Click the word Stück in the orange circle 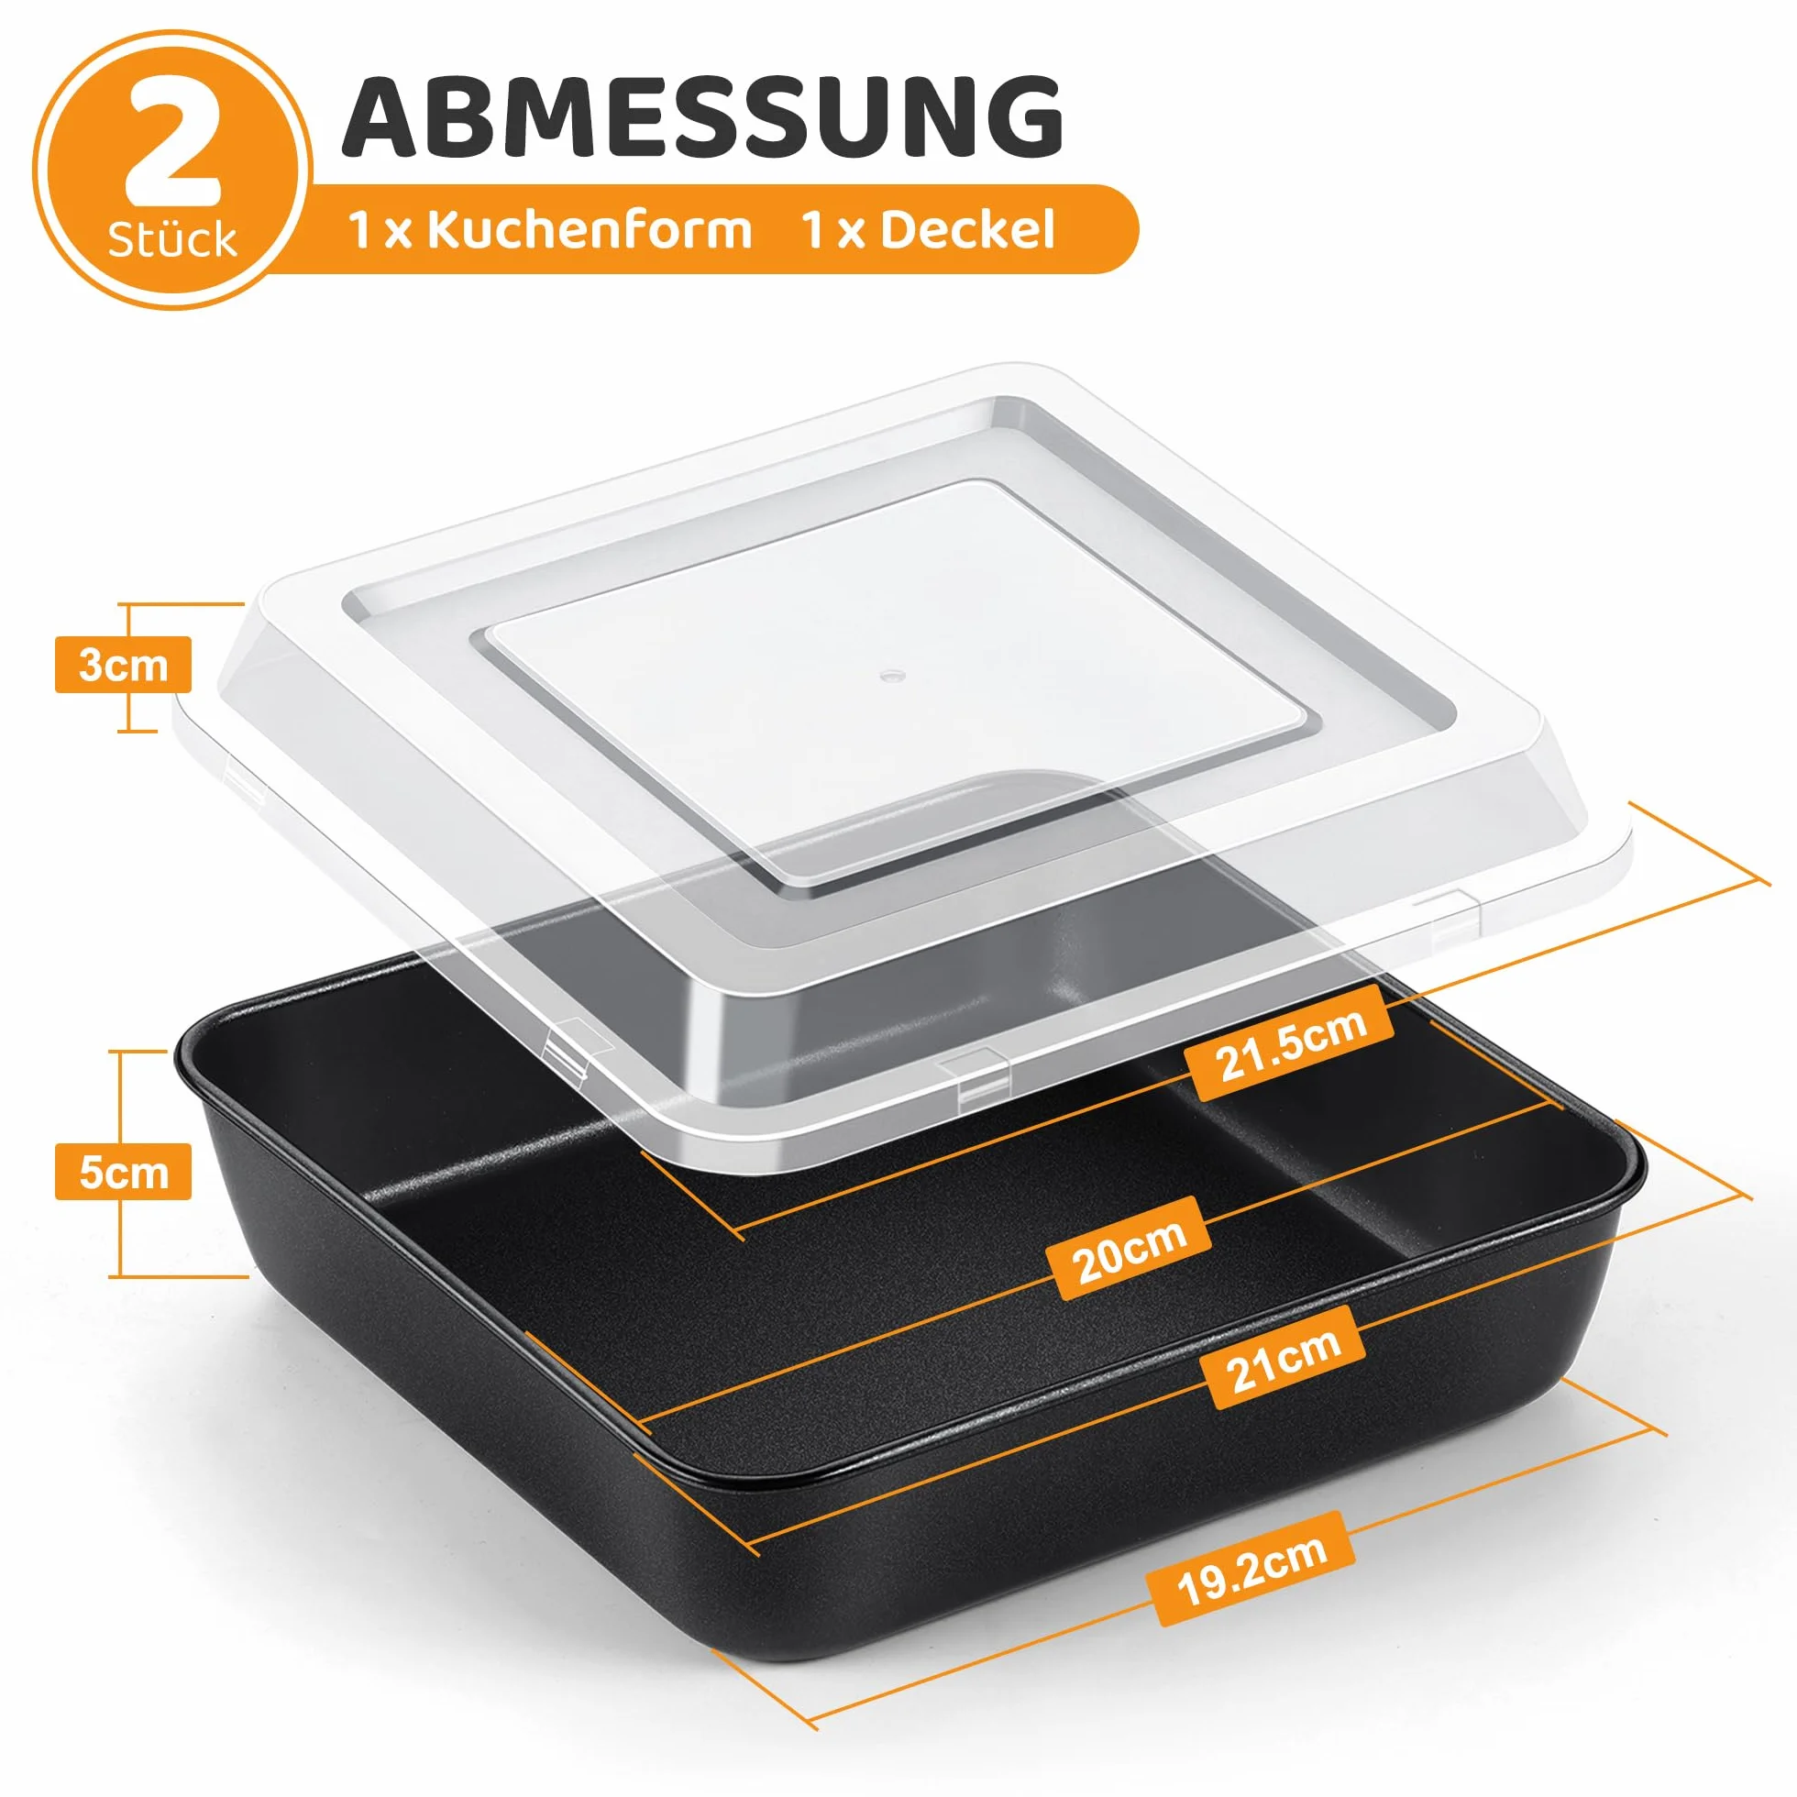[172, 241]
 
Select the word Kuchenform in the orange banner [589, 231]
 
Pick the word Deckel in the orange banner [967, 231]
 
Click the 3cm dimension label [123, 665]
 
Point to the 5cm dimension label [123, 1172]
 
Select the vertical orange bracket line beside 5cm [120, 1163]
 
